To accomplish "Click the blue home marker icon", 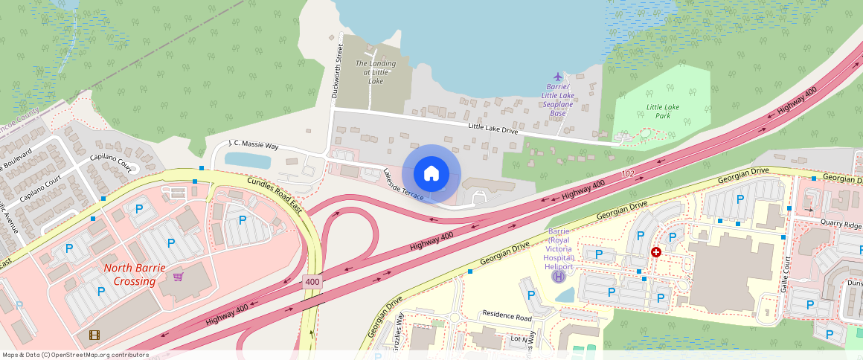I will point(431,174).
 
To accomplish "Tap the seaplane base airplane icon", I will point(559,77).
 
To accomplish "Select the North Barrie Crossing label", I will point(130,274).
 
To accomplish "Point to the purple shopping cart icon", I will point(178,277).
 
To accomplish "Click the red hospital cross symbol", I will point(656,252).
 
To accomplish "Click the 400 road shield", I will point(312,283).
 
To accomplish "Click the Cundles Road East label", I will point(275,195).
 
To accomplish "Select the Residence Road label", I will point(507,316).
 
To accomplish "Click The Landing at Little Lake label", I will point(376,72).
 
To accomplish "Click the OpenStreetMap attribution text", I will point(75,355).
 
